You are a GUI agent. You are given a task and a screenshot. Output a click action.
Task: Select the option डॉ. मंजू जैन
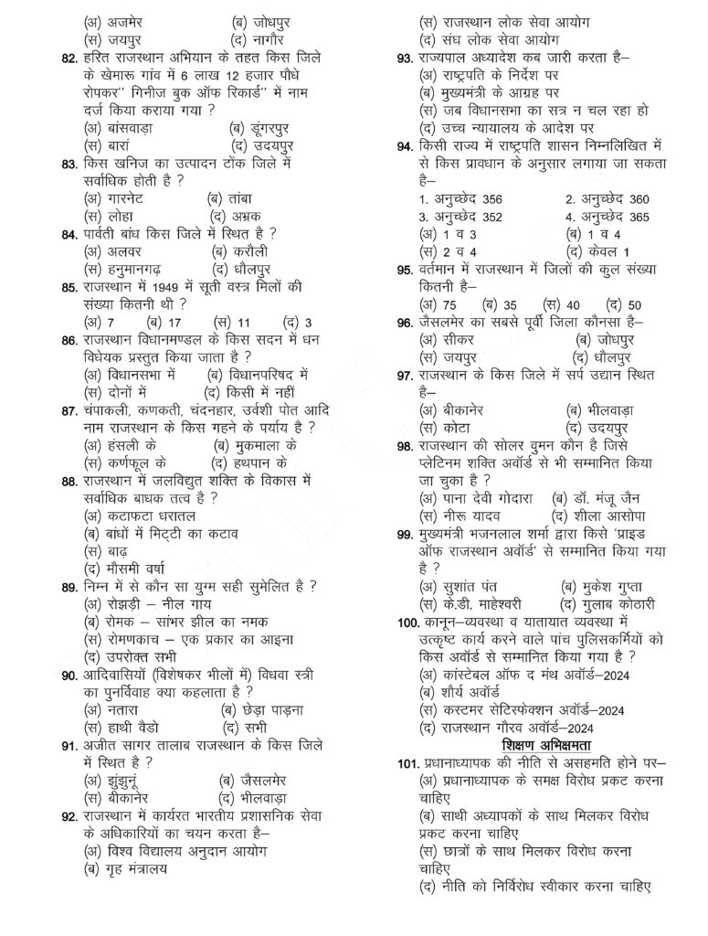coord(593,497)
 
